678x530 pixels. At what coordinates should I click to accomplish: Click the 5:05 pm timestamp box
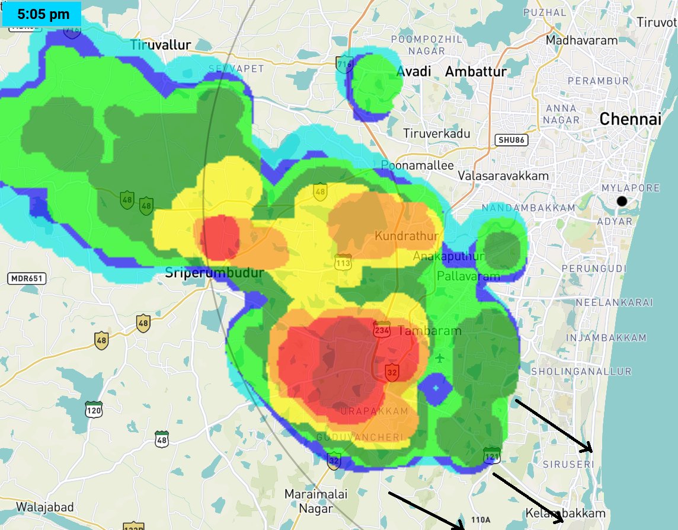tap(42, 14)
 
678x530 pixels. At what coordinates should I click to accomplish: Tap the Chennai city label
tap(630, 119)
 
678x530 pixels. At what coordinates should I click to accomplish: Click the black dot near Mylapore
tap(622, 202)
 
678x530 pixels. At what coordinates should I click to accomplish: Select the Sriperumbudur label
tap(214, 274)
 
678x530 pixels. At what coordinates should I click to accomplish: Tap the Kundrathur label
tap(407, 236)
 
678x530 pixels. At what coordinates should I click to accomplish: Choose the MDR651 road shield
tap(27, 278)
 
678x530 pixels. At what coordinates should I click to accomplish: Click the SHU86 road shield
tap(511, 140)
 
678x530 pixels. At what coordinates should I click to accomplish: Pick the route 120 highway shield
tap(94, 409)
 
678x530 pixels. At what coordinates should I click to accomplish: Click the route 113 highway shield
tap(343, 263)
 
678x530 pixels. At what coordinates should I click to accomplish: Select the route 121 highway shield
tap(491, 456)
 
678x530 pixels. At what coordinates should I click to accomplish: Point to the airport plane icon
tap(439, 358)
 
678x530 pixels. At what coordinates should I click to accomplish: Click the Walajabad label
tap(45, 507)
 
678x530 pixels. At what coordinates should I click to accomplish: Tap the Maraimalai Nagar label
tap(315, 501)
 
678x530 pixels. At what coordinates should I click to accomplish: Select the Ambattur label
tap(476, 72)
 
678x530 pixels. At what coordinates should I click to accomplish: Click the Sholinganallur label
tap(581, 372)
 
